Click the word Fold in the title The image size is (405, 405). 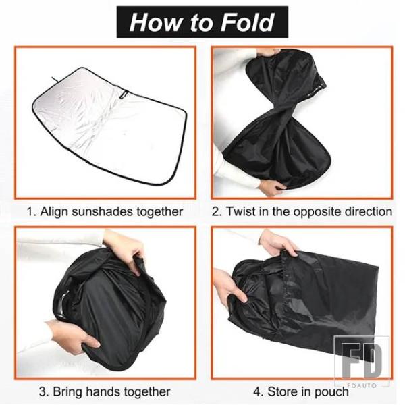pyautogui.click(x=248, y=22)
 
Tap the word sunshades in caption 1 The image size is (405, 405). pyautogui.click(x=102, y=211)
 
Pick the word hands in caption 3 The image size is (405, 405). pyautogui.click(x=102, y=391)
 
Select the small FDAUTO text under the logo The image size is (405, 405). pyautogui.click(x=362, y=385)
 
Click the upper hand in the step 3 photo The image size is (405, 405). pyautogui.click(x=124, y=248)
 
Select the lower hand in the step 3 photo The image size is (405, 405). pyautogui.click(x=73, y=336)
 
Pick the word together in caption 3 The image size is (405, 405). pyautogui.click(x=146, y=392)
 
